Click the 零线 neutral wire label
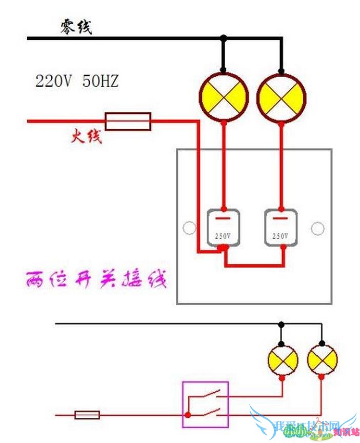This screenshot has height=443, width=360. click(x=76, y=27)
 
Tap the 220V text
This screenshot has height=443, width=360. click(x=52, y=81)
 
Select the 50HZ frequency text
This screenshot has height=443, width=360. click(x=101, y=81)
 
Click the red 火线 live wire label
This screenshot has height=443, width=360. click(x=86, y=137)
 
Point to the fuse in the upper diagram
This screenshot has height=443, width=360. click(x=128, y=122)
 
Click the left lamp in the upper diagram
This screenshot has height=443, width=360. click(x=223, y=97)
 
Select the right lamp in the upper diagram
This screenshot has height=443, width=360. click(x=281, y=97)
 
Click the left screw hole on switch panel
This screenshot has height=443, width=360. click(x=189, y=228)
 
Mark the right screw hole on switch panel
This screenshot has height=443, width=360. click(x=318, y=228)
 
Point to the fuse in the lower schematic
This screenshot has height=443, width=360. click(x=87, y=415)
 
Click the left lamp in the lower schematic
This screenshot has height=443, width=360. click(x=283, y=359)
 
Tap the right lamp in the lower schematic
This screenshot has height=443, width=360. click(x=322, y=359)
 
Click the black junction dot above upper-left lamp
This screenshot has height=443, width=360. click(x=223, y=38)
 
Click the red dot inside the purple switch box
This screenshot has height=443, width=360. click(x=188, y=415)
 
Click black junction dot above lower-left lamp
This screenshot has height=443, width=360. click(x=281, y=324)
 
